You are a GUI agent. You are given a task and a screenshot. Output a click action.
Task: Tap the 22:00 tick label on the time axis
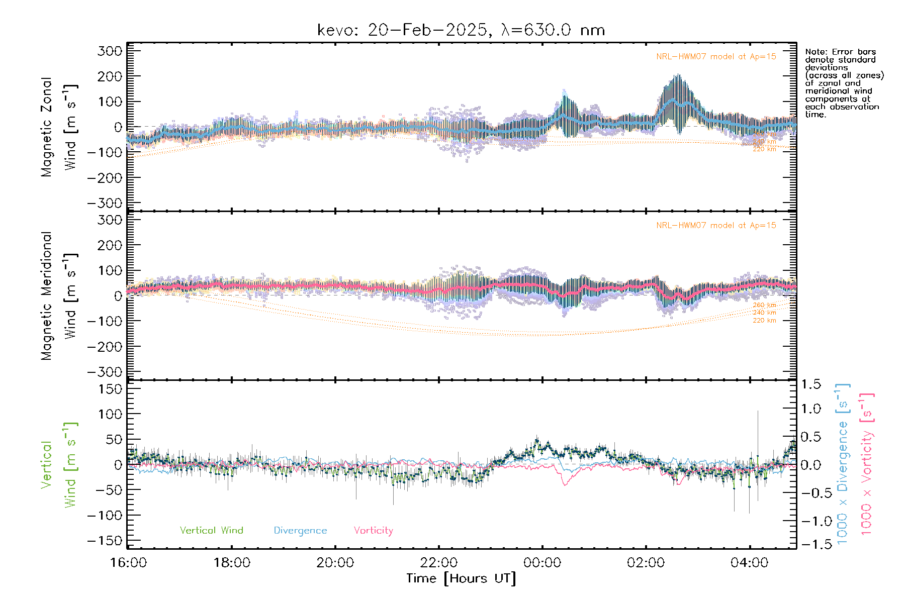tap(439, 562)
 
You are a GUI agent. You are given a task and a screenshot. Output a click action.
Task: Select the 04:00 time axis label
tap(749, 562)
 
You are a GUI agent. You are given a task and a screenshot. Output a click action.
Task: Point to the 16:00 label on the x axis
tap(128, 562)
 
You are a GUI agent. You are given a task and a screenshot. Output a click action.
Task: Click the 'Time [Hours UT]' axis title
tap(461, 578)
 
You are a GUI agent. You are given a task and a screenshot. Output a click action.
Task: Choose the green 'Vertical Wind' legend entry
tap(211, 530)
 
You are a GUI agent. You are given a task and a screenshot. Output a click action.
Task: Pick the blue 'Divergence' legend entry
tap(300, 530)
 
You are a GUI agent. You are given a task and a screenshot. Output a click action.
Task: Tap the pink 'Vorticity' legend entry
tap(373, 530)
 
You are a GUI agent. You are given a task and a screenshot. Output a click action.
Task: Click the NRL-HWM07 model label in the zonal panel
tap(716, 56)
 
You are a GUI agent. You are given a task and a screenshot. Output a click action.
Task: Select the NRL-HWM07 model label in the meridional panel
tap(716, 225)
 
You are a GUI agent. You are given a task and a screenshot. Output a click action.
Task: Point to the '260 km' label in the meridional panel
tap(764, 305)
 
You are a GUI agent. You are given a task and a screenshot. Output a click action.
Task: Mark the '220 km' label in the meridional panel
tap(764, 320)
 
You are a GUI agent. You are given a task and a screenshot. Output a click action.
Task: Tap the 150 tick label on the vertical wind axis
tap(111, 388)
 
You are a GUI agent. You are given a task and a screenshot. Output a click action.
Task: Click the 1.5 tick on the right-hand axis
tap(810, 384)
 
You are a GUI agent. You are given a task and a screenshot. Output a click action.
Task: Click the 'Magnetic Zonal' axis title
tap(46, 127)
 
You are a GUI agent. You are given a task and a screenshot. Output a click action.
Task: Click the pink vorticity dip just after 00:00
tap(565, 484)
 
